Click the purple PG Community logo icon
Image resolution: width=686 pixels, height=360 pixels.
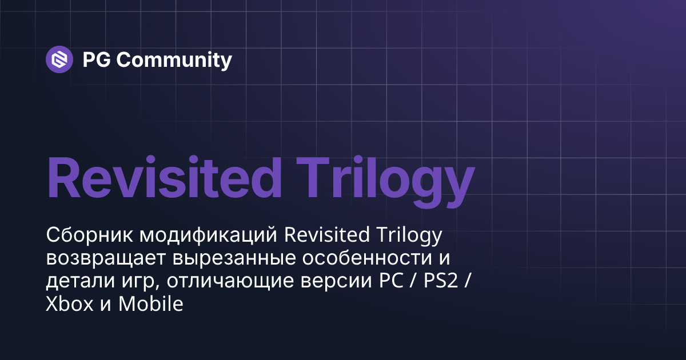tap(59, 59)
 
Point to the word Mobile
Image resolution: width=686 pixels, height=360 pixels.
tap(150, 304)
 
